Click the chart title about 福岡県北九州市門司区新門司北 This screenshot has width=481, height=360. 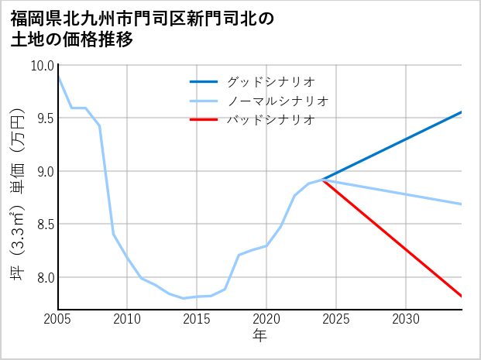pyautogui.click(x=143, y=29)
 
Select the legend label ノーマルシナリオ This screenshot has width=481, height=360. pyautogui.click(x=277, y=101)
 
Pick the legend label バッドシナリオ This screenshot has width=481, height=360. pyautogui.click(x=270, y=119)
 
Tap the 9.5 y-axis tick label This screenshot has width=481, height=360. pyautogui.click(x=42, y=118)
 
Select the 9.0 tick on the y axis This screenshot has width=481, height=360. pyautogui.click(x=42, y=171)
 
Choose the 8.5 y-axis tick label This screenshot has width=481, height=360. pyautogui.click(x=42, y=225)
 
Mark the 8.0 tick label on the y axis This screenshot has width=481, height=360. pyautogui.click(x=42, y=277)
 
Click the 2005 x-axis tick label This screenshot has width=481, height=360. pyautogui.click(x=58, y=319)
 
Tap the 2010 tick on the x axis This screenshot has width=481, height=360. pyautogui.click(x=127, y=319)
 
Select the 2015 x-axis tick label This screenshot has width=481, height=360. pyautogui.click(x=197, y=319)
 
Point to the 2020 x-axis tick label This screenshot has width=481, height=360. pyautogui.click(x=266, y=319)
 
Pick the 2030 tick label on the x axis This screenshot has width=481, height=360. pyautogui.click(x=406, y=319)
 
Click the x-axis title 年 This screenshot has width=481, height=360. pyautogui.click(x=259, y=335)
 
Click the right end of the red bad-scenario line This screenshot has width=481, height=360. pyautogui.click(x=461, y=296)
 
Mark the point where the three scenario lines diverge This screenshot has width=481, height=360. pyautogui.click(x=322, y=180)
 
